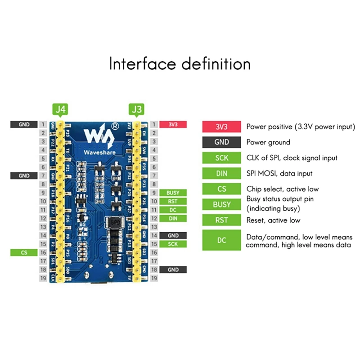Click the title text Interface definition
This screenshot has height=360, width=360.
(180, 63)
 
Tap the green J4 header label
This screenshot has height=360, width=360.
(60, 109)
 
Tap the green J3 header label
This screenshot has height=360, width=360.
(136, 109)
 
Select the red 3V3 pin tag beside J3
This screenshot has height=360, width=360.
(173, 124)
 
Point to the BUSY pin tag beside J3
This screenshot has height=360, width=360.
(173, 193)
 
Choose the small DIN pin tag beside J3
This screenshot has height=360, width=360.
(173, 218)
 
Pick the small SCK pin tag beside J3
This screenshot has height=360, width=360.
(173, 244)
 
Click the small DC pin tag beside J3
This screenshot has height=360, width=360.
(173, 210)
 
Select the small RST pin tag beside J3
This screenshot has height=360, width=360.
(173, 201)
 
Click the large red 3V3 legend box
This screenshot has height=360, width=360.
(221, 127)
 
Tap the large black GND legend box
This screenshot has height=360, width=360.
(221, 142)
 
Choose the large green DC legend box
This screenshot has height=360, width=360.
(221, 240)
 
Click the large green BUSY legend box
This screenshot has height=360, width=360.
(221, 204)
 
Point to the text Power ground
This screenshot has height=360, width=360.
(268, 142)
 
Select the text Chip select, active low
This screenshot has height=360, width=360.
(282, 189)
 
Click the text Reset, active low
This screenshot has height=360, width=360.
(273, 220)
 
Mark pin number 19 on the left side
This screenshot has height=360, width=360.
(42, 279)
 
